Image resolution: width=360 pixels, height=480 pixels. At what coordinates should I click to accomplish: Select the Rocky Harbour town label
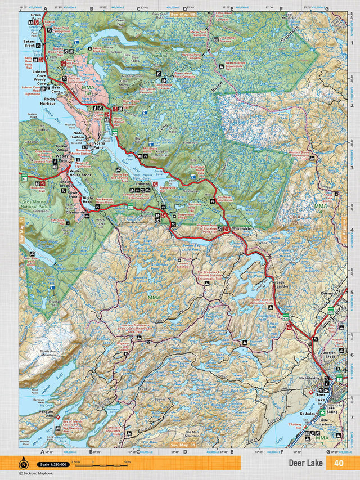tap(55, 103)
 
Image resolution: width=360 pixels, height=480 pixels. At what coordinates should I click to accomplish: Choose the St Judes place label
tap(307, 414)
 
